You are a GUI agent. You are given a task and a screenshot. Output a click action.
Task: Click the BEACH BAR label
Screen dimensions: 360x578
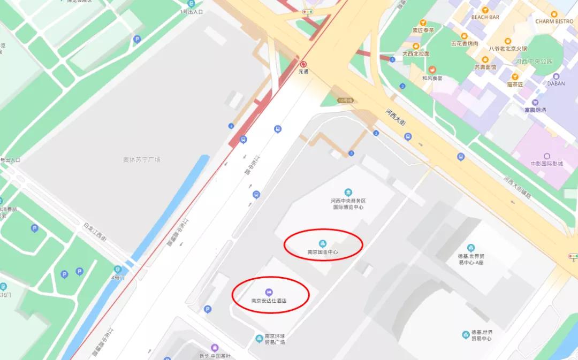coord(485,17)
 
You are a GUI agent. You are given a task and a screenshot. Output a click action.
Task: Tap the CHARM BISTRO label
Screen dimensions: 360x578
coord(554,21)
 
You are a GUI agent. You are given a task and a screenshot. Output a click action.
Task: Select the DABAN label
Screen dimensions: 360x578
coord(556,83)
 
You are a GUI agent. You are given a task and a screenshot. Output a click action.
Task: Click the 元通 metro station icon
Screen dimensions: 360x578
coord(303,64)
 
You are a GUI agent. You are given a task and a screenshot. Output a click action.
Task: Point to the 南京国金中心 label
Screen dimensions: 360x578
coord(323,252)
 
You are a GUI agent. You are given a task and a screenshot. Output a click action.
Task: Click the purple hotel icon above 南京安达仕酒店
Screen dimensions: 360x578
coord(269,292)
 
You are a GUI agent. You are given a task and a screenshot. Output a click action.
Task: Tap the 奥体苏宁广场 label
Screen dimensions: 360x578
coord(141,159)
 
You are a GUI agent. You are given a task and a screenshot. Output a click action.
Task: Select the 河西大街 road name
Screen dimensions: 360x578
coord(397,117)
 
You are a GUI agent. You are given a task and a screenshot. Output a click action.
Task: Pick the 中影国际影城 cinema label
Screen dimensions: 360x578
coord(546,164)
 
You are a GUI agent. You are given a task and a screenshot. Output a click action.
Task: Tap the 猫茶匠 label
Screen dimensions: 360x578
coord(515,84)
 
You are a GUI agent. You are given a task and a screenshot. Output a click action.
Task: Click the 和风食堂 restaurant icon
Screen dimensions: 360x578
coord(432,70)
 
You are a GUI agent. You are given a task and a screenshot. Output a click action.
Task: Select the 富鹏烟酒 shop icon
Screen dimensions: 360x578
coord(535,102)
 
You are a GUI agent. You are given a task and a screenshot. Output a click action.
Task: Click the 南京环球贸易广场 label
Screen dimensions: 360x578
coord(275,339)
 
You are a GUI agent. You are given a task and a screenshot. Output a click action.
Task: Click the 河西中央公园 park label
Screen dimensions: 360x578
coord(534,62)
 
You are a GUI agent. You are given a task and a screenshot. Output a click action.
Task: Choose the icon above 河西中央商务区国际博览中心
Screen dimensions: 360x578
coord(348,192)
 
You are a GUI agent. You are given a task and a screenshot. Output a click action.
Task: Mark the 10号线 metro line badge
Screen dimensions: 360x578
coord(345,100)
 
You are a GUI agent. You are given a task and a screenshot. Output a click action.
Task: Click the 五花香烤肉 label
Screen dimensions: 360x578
coord(465,43)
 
